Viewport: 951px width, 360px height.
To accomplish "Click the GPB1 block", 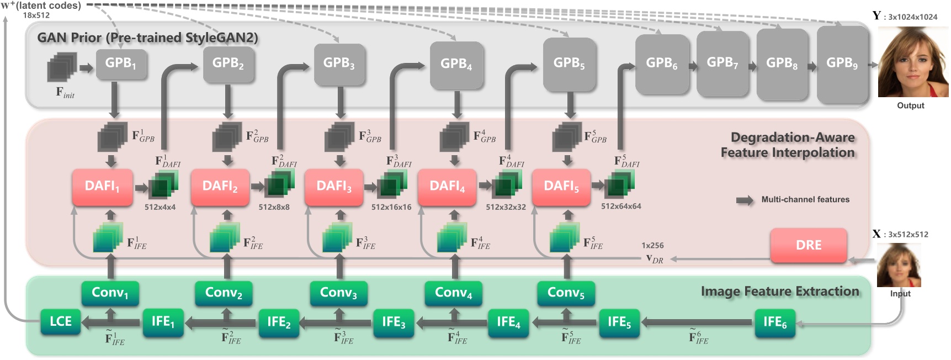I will click(121, 64).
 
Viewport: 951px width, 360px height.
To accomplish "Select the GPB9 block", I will click(842, 63).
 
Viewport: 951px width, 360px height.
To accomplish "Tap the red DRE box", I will click(808, 245).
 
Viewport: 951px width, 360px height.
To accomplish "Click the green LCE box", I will click(61, 321).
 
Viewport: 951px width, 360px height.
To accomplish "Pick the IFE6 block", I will click(774, 322).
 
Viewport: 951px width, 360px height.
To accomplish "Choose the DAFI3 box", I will click(333, 187).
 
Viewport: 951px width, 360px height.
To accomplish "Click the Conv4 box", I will click(453, 293).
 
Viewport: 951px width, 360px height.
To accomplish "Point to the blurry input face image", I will click(899, 265).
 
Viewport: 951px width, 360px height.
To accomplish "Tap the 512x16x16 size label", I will click(391, 207).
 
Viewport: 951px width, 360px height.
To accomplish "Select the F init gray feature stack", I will click(62, 68).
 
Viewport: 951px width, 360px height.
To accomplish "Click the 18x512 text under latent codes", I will click(36, 15).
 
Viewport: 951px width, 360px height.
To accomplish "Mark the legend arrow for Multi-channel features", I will click(745, 200).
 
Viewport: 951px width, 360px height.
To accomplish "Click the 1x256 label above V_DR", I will click(652, 245).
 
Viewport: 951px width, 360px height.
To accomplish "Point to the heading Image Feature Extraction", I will click(779, 291).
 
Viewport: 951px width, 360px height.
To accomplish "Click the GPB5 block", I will click(569, 64).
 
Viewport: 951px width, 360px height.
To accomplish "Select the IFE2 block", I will click(279, 322).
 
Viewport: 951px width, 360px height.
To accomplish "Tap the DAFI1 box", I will click(102, 187).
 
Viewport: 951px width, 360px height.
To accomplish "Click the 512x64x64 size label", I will click(621, 207).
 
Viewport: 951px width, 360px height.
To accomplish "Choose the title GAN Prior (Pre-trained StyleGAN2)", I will click(147, 38).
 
